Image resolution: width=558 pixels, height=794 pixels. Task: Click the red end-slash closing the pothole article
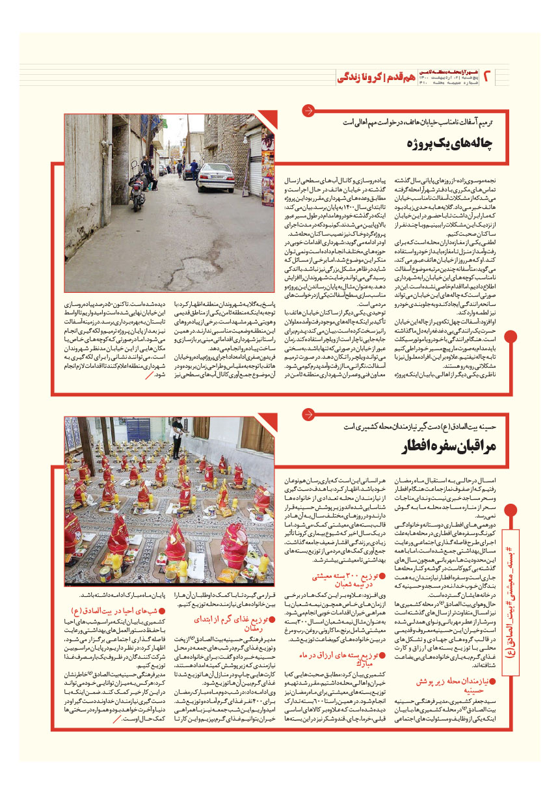coord(151,376)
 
